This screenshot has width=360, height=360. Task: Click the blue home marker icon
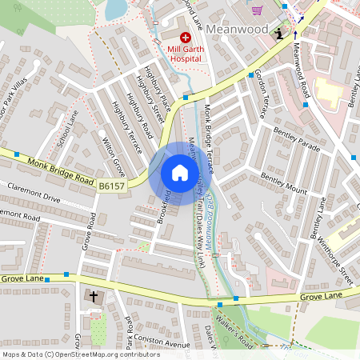[180, 173]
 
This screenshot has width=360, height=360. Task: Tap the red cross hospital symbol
[186, 37]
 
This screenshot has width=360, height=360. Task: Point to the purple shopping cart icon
[257, 10]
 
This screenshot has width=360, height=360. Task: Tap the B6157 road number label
[113, 186]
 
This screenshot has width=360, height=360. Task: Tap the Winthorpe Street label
[335, 254]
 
